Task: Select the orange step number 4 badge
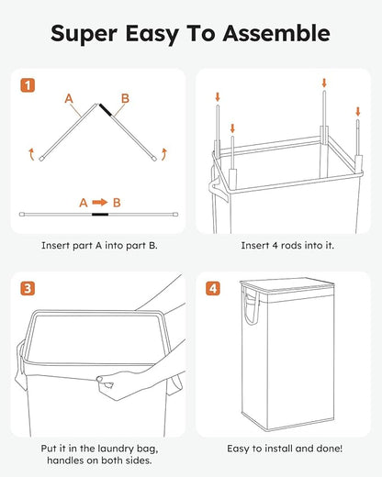click(214, 288)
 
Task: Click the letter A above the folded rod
click(69, 96)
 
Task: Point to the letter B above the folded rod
click(126, 96)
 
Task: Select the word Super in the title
click(84, 34)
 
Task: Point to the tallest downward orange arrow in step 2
click(324, 85)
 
